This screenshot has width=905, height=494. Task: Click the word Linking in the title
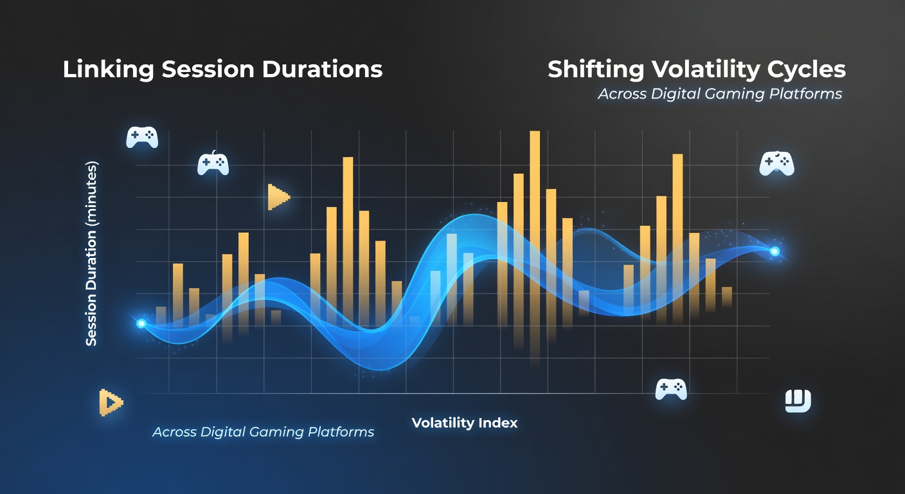coord(108,69)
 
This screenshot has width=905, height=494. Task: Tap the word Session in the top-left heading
coord(208,69)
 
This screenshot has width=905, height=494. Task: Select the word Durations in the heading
coord(322,69)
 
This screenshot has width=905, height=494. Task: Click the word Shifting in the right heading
coord(596,69)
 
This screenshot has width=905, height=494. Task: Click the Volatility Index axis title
coord(465,423)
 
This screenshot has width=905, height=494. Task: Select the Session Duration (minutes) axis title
coord(91,253)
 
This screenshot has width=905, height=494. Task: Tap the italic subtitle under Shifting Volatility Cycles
coord(720,94)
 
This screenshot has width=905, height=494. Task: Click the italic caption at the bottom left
coord(263,432)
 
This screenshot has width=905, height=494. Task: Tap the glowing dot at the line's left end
coord(141,324)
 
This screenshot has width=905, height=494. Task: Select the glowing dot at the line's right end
coord(775,252)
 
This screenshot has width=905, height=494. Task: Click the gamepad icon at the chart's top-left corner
coord(142,138)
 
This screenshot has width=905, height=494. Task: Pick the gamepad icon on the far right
coord(776,163)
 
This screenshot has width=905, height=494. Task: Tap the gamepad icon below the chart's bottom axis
coord(670,389)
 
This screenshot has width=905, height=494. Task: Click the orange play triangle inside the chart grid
coord(278,197)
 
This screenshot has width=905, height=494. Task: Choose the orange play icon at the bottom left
coord(111,403)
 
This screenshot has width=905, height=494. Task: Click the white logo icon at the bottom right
coord(798,401)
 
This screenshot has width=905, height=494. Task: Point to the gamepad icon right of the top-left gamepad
coord(213,163)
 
